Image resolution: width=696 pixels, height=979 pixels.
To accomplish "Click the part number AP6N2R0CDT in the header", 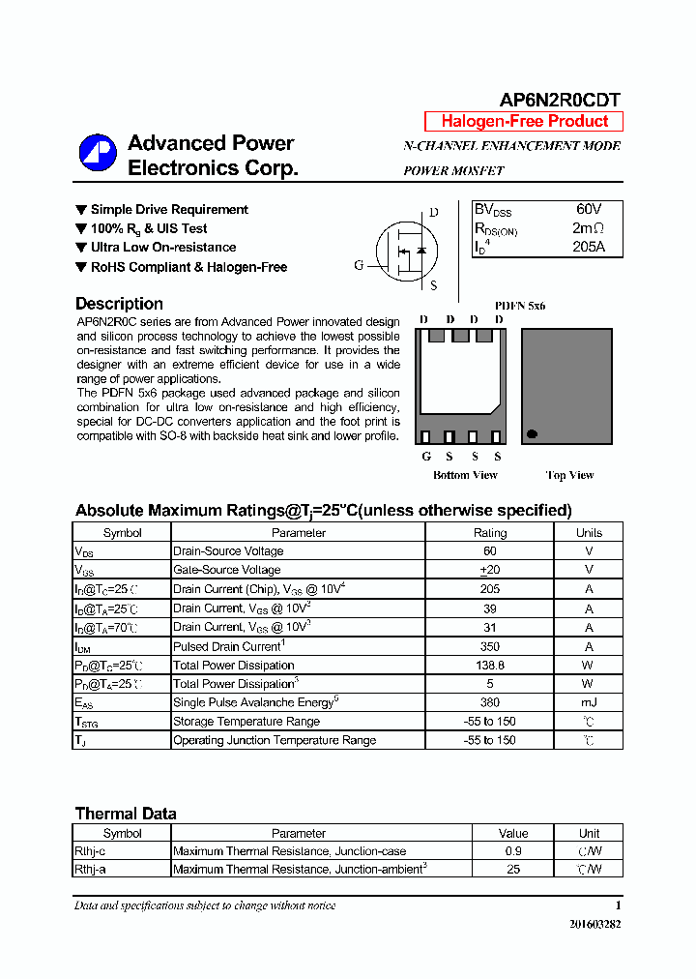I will [560, 100].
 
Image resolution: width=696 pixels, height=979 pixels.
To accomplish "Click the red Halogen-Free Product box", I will [524, 121].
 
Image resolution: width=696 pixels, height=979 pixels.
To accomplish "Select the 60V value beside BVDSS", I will [588, 209].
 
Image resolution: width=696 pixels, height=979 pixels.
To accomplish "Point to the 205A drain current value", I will [588, 246].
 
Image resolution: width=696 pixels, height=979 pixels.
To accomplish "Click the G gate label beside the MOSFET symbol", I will [359, 265].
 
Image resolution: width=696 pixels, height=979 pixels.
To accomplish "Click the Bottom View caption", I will [465, 475].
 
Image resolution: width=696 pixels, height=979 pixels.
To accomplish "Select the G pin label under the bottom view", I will [425, 457].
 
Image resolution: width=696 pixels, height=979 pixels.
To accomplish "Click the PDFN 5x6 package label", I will [520, 306].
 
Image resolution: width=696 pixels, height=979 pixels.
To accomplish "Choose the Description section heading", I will [119, 304].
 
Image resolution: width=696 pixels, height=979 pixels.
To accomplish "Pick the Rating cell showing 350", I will [489, 646].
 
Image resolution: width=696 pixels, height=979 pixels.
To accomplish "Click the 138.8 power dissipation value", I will [489, 666].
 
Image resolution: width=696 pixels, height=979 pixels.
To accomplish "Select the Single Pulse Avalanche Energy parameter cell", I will [253, 703].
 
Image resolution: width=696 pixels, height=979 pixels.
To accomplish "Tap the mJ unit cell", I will [588, 703].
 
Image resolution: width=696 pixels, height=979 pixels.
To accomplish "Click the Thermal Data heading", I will [126, 814].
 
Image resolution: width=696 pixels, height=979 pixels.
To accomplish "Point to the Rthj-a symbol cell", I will [91, 870].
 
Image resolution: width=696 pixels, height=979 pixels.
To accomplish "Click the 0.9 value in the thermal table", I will [513, 851].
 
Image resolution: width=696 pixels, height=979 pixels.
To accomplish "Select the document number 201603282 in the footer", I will [594, 925].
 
